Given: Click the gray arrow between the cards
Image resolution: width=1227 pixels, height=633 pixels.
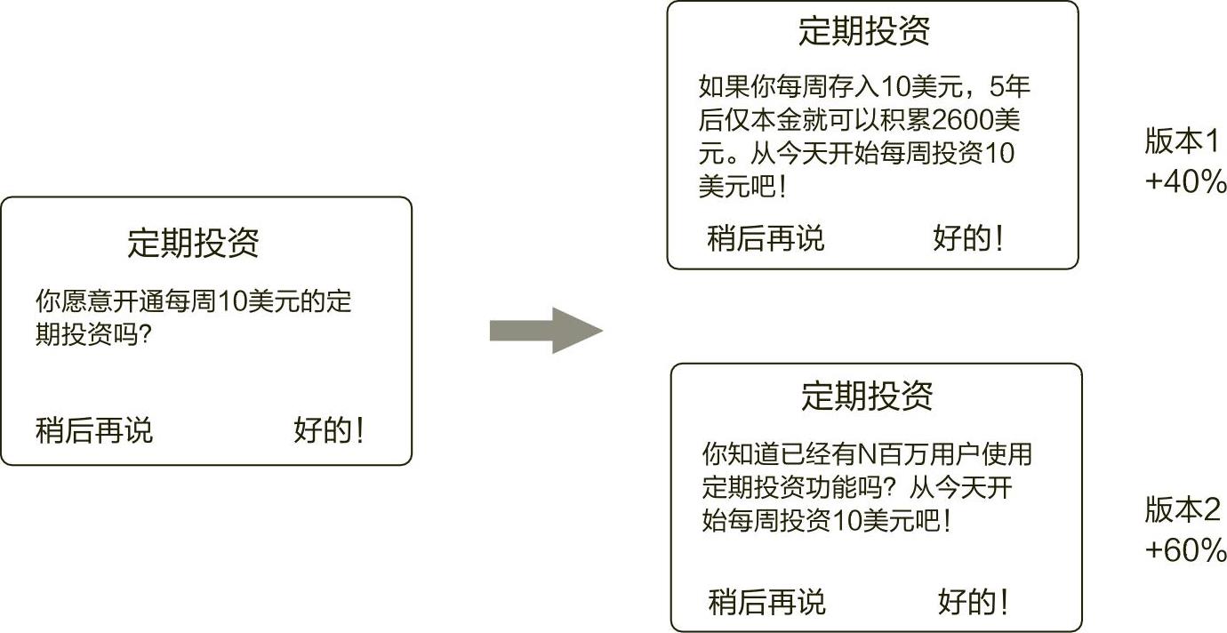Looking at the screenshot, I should click(546, 331).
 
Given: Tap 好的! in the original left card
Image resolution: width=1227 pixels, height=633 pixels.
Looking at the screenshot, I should click(329, 430).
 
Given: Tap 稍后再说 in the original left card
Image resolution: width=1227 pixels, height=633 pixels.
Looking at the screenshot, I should click(94, 430).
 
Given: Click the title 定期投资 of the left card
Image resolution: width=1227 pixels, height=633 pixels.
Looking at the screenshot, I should click(194, 242).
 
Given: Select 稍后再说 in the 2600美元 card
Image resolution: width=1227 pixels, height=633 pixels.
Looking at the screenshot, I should click(766, 237).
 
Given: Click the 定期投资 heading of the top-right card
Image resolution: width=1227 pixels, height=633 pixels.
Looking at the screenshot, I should click(864, 31).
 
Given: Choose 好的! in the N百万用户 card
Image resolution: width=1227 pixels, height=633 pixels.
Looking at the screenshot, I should click(974, 602).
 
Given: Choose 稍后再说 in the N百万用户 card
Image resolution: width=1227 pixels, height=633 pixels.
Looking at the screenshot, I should click(767, 602).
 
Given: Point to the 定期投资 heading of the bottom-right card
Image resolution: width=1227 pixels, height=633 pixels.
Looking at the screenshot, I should click(867, 395).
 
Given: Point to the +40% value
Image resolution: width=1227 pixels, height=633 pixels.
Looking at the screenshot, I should click(1185, 181).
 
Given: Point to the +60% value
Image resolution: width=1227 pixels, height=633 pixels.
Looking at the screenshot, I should click(1186, 550).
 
